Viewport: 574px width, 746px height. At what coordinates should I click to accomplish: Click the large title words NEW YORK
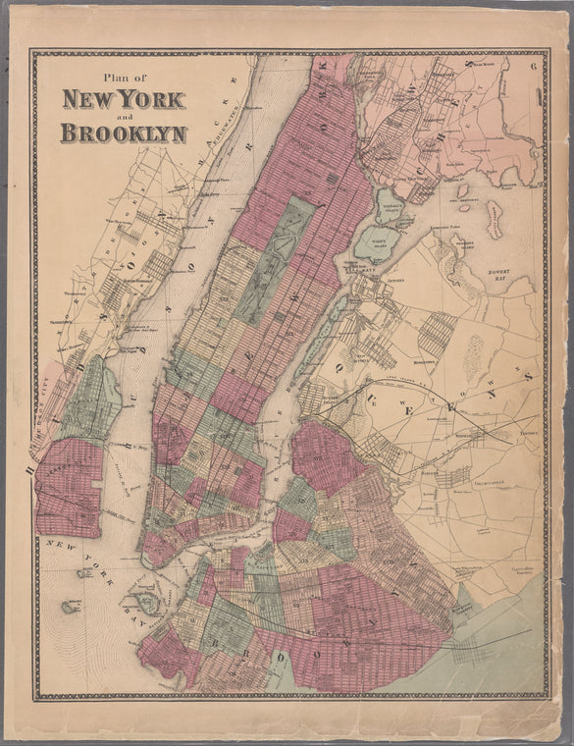pos(124,100)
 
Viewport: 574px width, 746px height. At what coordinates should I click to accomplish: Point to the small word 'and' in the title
pos(124,116)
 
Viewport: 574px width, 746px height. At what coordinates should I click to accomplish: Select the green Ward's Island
pos(375,241)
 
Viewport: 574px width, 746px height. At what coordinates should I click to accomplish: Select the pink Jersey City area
pos(68,487)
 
